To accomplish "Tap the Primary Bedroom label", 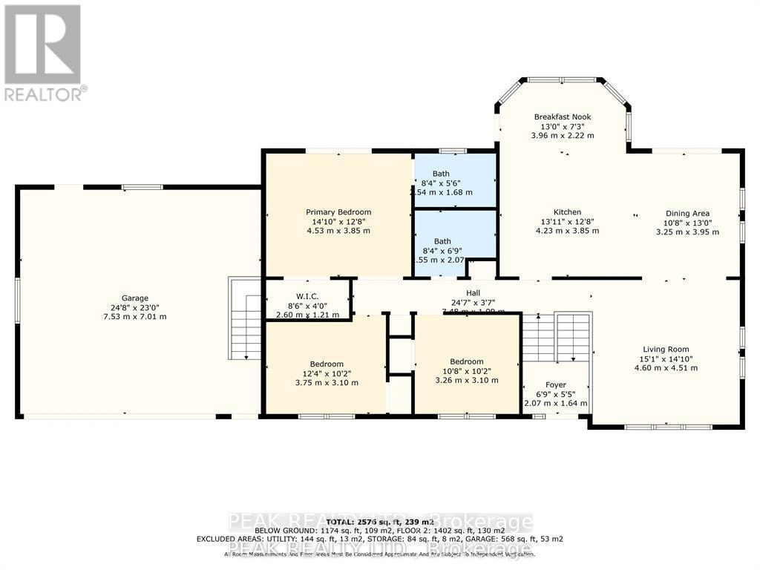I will pos(338,212).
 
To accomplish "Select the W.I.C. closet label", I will pos(307,296).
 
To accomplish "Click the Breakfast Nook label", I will pos(563,117).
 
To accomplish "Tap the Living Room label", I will pos(666,349).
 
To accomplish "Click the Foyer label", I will pos(556,384).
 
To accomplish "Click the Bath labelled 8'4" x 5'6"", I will pos(442,174).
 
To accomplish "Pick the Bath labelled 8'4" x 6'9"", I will pos(442,241).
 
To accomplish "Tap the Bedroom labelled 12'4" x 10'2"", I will pos(327,364).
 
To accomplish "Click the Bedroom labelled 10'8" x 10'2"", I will pos(466,361).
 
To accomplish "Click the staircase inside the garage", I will pos(241,320).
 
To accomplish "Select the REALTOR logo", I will pos(43,52).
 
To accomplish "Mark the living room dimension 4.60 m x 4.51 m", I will pos(666,367).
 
